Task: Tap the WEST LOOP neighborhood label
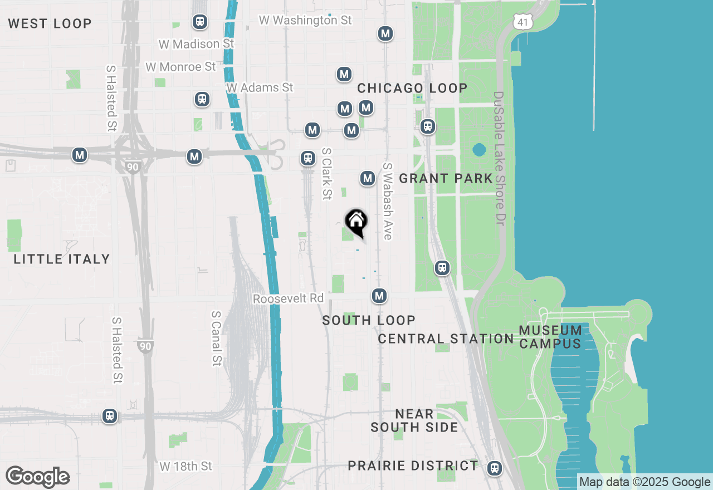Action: coord(50,23)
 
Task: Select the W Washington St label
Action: coord(305,20)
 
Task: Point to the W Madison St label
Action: coord(196,43)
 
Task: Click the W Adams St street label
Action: coord(260,87)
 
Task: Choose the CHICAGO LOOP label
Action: coord(412,88)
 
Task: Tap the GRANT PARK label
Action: coord(446,178)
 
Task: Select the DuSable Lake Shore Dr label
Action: coord(499,159)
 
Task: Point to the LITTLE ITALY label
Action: coord(62,259)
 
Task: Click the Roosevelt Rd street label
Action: coord(288,298)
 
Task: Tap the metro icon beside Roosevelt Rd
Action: coord(379,296)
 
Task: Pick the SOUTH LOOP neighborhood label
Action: coord(369,320)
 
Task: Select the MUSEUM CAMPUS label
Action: coord(550,337)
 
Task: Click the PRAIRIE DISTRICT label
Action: coord(413,465)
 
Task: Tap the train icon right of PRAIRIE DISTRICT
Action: coord(494,468)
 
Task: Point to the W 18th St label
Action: coord(186,466)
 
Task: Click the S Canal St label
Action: coord(216,338)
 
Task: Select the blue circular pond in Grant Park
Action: coord(478,150)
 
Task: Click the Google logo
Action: coord(37,477)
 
